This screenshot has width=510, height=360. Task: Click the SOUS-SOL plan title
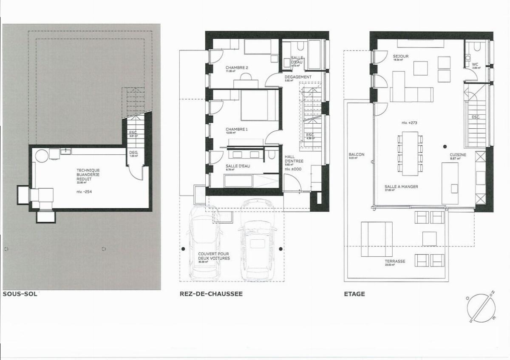click(19, 294)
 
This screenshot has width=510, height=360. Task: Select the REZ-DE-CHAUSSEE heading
click(211, 294)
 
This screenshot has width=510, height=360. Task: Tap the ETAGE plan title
click(354, 294)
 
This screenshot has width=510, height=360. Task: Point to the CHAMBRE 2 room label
click(237, 68)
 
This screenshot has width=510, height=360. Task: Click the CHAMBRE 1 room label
click(237, 129)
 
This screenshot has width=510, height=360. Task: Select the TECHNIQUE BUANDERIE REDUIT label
click(88, 174)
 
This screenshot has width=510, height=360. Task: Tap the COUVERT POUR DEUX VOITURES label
click(214, 256)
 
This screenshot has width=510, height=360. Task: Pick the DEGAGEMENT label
click(298, 77)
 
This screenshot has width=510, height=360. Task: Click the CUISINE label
click(458, 155)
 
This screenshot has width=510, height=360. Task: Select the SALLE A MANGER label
click(401, 187)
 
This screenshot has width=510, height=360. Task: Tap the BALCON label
click(356, 155)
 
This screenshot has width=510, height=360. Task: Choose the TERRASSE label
click(395, 261)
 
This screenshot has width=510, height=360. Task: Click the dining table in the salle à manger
click(410, 153)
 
